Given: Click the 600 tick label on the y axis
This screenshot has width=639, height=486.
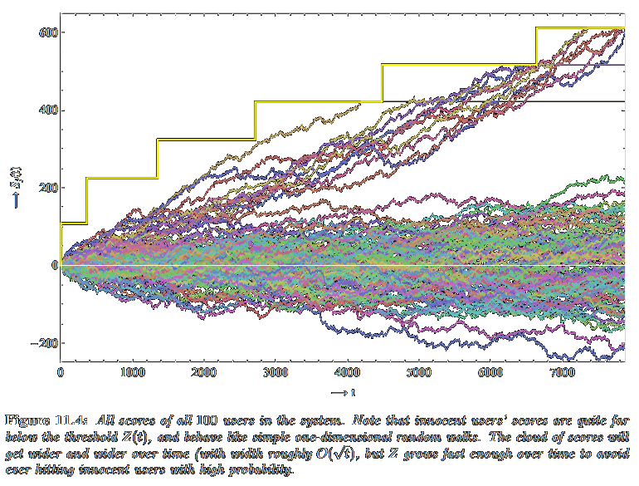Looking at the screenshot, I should (45, 32).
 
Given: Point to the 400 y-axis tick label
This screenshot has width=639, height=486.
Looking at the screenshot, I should (45, 110).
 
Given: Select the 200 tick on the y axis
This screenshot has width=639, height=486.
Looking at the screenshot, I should (45, 188).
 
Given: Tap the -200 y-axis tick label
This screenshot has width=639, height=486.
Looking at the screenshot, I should (41, 343).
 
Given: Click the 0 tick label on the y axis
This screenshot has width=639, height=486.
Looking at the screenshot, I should (51, 265).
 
